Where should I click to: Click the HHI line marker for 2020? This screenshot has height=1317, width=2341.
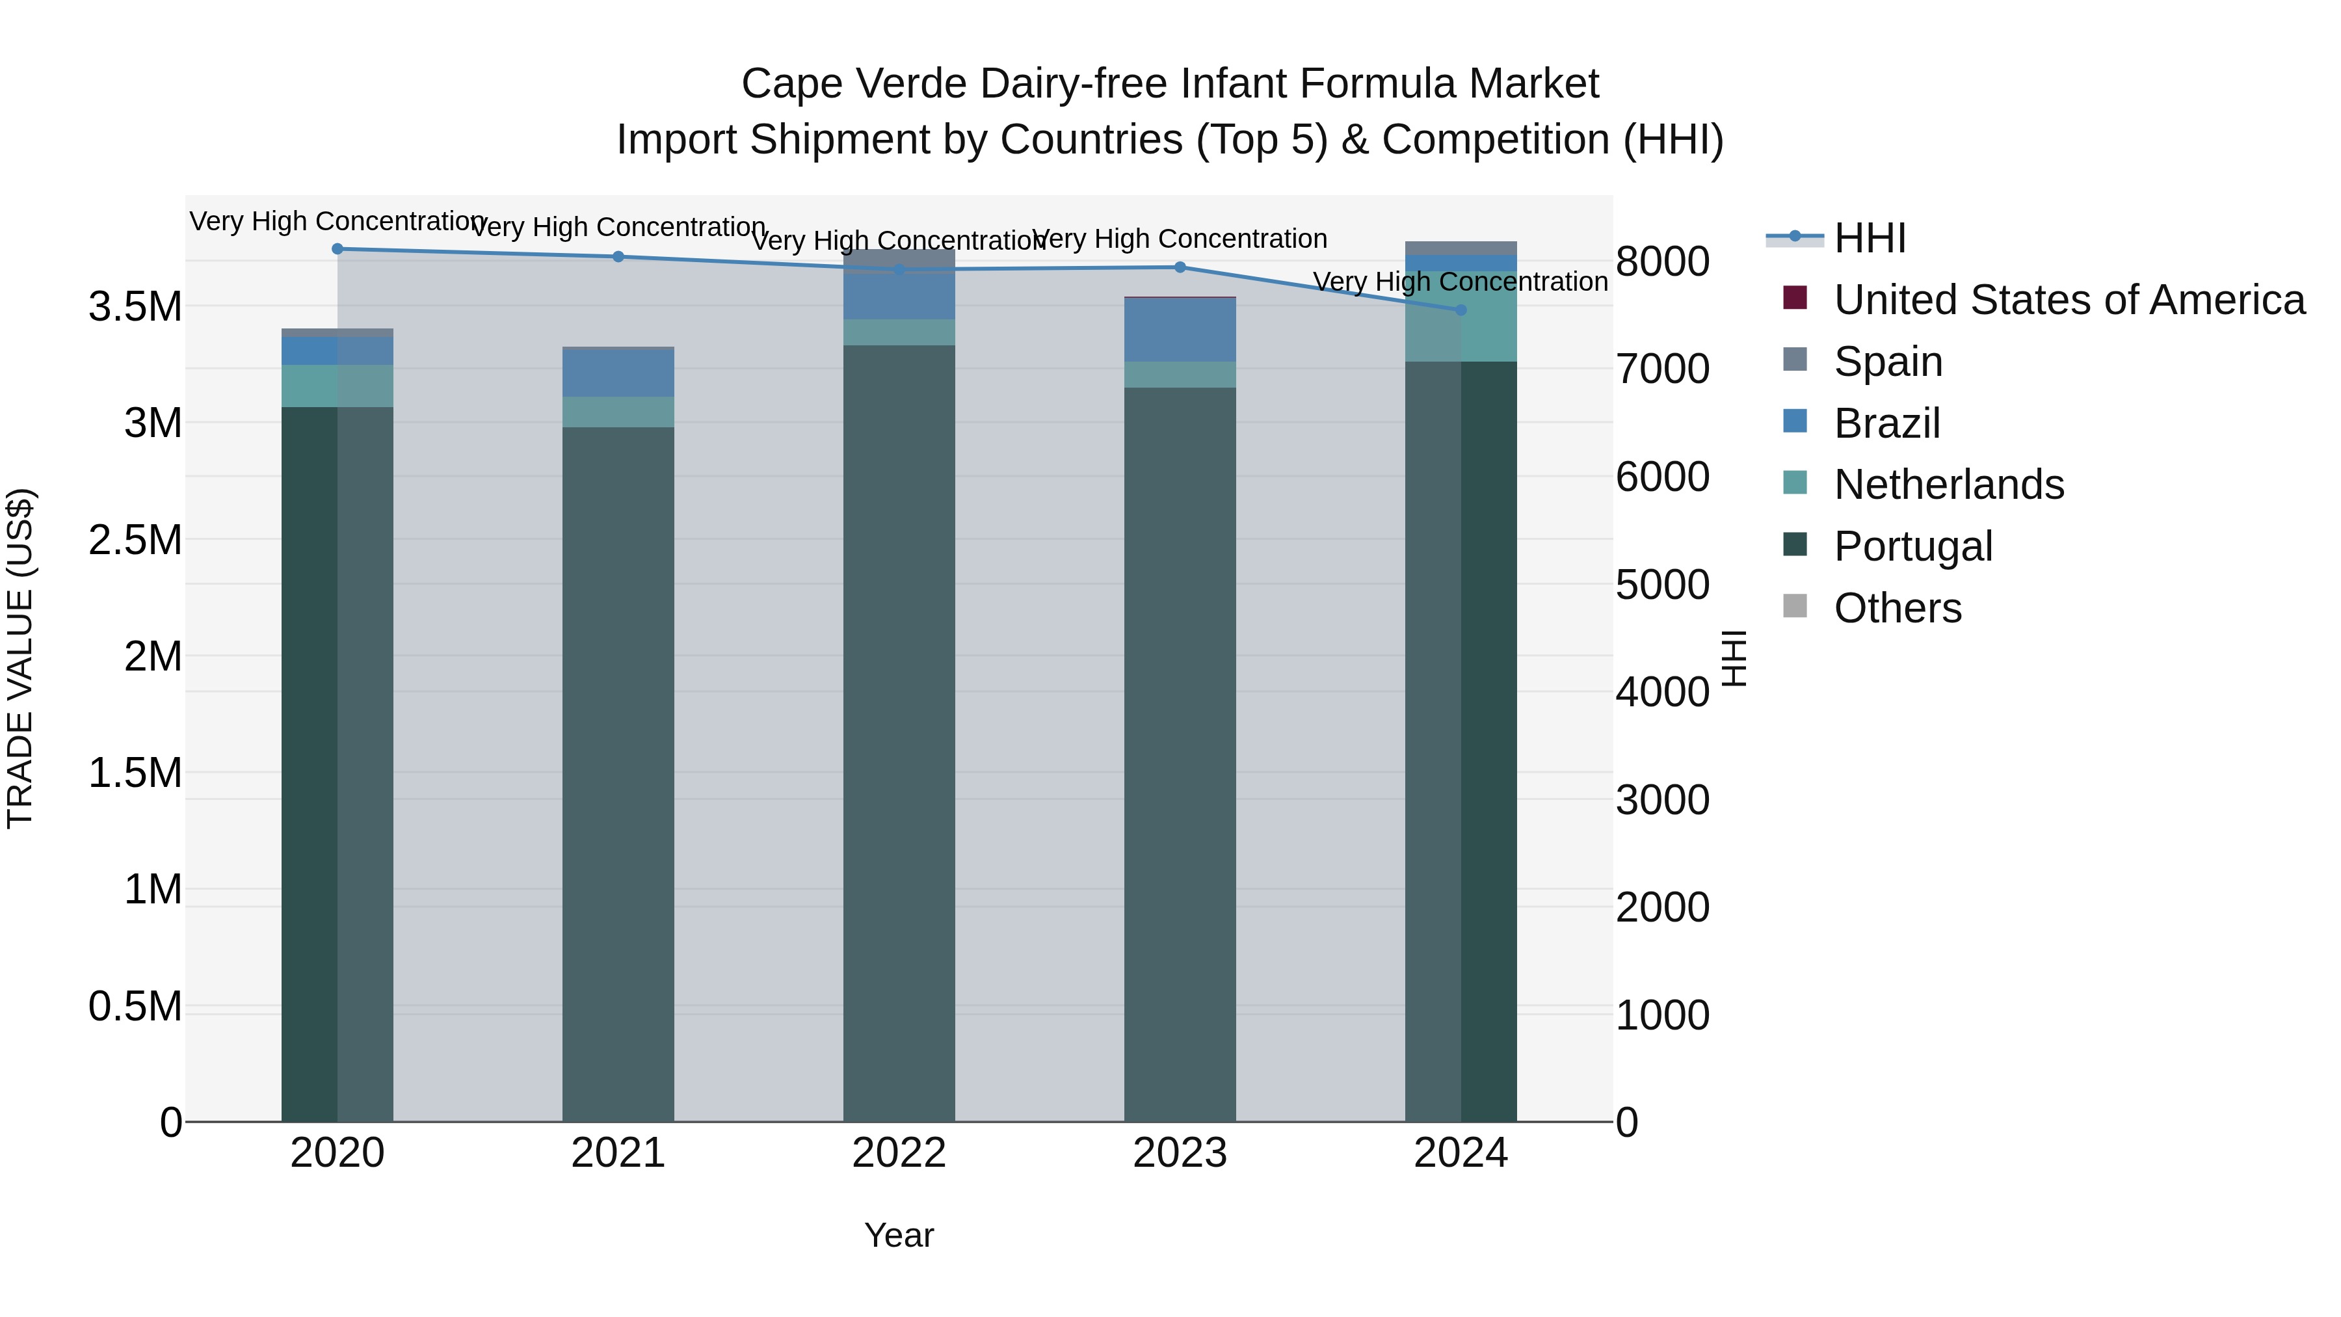pos(337,248)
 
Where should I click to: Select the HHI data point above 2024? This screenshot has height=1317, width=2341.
pos(1461,310)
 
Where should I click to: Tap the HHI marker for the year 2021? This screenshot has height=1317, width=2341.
pos(618,256)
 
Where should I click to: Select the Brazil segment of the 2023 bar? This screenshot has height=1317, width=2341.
pos(1180,329)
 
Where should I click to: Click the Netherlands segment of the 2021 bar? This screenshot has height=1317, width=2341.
pos(618,412)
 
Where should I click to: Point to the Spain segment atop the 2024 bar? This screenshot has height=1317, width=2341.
pos(1461,248)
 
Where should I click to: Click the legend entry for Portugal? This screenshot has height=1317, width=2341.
pos(1912,546)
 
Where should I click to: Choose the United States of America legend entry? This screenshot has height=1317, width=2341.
pos(2069,300)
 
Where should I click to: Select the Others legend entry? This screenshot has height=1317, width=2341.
pos(1897,608)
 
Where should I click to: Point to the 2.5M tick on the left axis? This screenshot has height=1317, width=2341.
pos(135,540)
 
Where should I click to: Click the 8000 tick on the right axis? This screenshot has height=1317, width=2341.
pos(1662,261)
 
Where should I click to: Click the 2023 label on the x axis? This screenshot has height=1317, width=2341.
pos(1180,1153)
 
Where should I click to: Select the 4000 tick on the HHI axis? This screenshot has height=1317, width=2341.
pos(1662,693)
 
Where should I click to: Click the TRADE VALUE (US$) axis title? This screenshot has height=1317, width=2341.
pos(20,658)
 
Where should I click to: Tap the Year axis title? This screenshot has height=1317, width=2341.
pos(899,1235)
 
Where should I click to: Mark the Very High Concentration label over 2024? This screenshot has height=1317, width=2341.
pos(1461,282)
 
